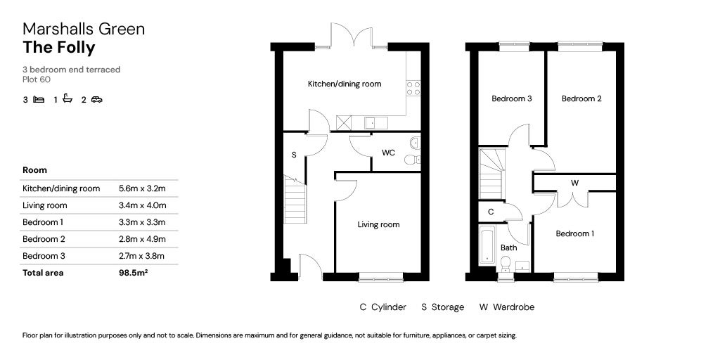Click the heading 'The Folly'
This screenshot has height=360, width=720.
coord(58,48)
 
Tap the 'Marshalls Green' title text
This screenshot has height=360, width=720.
coord(84,29)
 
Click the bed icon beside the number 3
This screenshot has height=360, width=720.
coord(39,100)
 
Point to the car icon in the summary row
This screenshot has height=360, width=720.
coord(96,100)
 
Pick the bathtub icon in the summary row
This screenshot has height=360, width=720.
coord(67,99)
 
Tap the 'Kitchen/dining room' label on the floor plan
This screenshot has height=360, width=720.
coord(345,84)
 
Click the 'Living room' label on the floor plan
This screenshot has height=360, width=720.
coord(378,225)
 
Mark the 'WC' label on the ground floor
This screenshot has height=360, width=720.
coord(388,153)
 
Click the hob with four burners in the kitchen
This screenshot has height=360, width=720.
coord(413,88)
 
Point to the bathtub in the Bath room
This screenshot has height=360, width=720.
coord(487,245)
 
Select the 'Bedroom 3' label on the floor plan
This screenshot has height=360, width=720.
coord(511,99)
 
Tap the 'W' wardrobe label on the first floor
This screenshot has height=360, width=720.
coord(574,183)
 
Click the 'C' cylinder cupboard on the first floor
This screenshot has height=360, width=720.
coord(491,212)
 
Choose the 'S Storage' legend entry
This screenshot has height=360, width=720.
coord(442,307)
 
